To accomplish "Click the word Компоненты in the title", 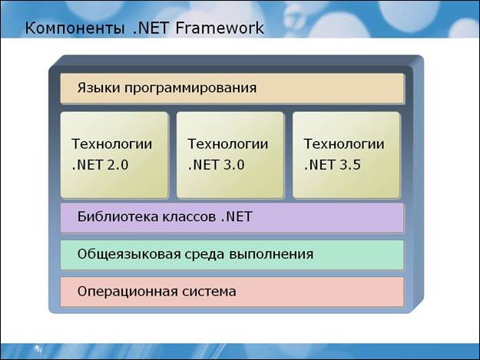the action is (x=74, y=28).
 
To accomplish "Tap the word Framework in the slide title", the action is (x=220, y=28).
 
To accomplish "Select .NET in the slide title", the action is (x=151, y=28).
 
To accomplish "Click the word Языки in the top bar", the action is (x=98, y=88).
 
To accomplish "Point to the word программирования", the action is (x=190, y=89).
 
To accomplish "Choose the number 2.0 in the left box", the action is (x=118, y=165).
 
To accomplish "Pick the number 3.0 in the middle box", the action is (x=233, y=165).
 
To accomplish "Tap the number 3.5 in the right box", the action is (x=349, y=165).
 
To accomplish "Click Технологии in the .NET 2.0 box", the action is (x=111, y=144).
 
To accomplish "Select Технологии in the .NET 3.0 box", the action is (x=228, y=144).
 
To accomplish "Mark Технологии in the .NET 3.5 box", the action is (x=344, y=144).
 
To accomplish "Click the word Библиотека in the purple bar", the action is (x=118, y=216).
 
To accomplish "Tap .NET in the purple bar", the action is (x=236, y=217).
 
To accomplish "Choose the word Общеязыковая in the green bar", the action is (x=129, y=255).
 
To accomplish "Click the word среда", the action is (x=204, y=255).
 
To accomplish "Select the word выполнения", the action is (x=270, y=255).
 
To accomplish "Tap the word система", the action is (x=209, y=292).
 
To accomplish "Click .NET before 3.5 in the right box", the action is (x=319, y=165).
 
